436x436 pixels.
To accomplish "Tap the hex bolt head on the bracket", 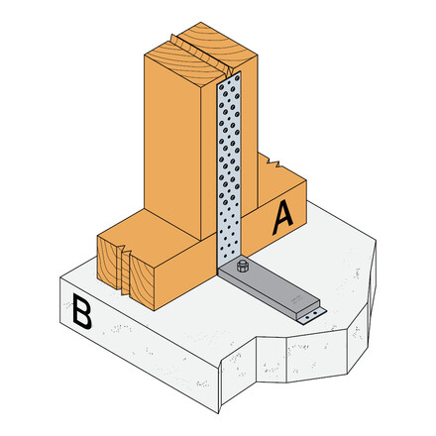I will coord(242,268).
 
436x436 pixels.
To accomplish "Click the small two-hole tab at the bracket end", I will coord(311,313).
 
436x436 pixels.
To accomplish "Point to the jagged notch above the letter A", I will coord(274,163).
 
